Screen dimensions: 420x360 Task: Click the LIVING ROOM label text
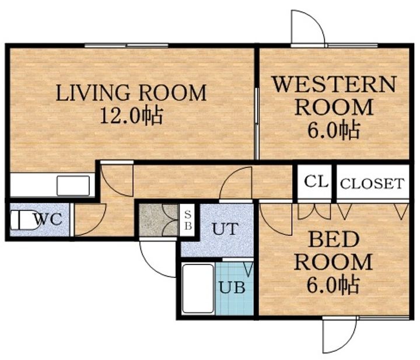[x=131, y=93]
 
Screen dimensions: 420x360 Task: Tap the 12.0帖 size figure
[x=131, y=116]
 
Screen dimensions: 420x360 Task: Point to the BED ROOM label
[x=334, y=251]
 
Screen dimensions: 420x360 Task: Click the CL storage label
[x=316, y=182]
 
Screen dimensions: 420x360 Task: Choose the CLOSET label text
[x=372, y=184]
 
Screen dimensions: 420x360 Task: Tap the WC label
[x=48, y=219]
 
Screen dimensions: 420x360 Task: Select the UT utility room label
[x=225, y=229]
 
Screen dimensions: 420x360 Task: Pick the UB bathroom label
[x=232, y=287]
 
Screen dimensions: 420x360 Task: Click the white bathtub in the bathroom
[x=198, y=288]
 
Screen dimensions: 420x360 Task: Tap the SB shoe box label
[x=188, y=220]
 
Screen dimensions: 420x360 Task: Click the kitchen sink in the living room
[x=73, y=186]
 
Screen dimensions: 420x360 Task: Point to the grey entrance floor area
[x=159, y=220]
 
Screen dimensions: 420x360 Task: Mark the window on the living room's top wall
[x=127, y=46]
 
